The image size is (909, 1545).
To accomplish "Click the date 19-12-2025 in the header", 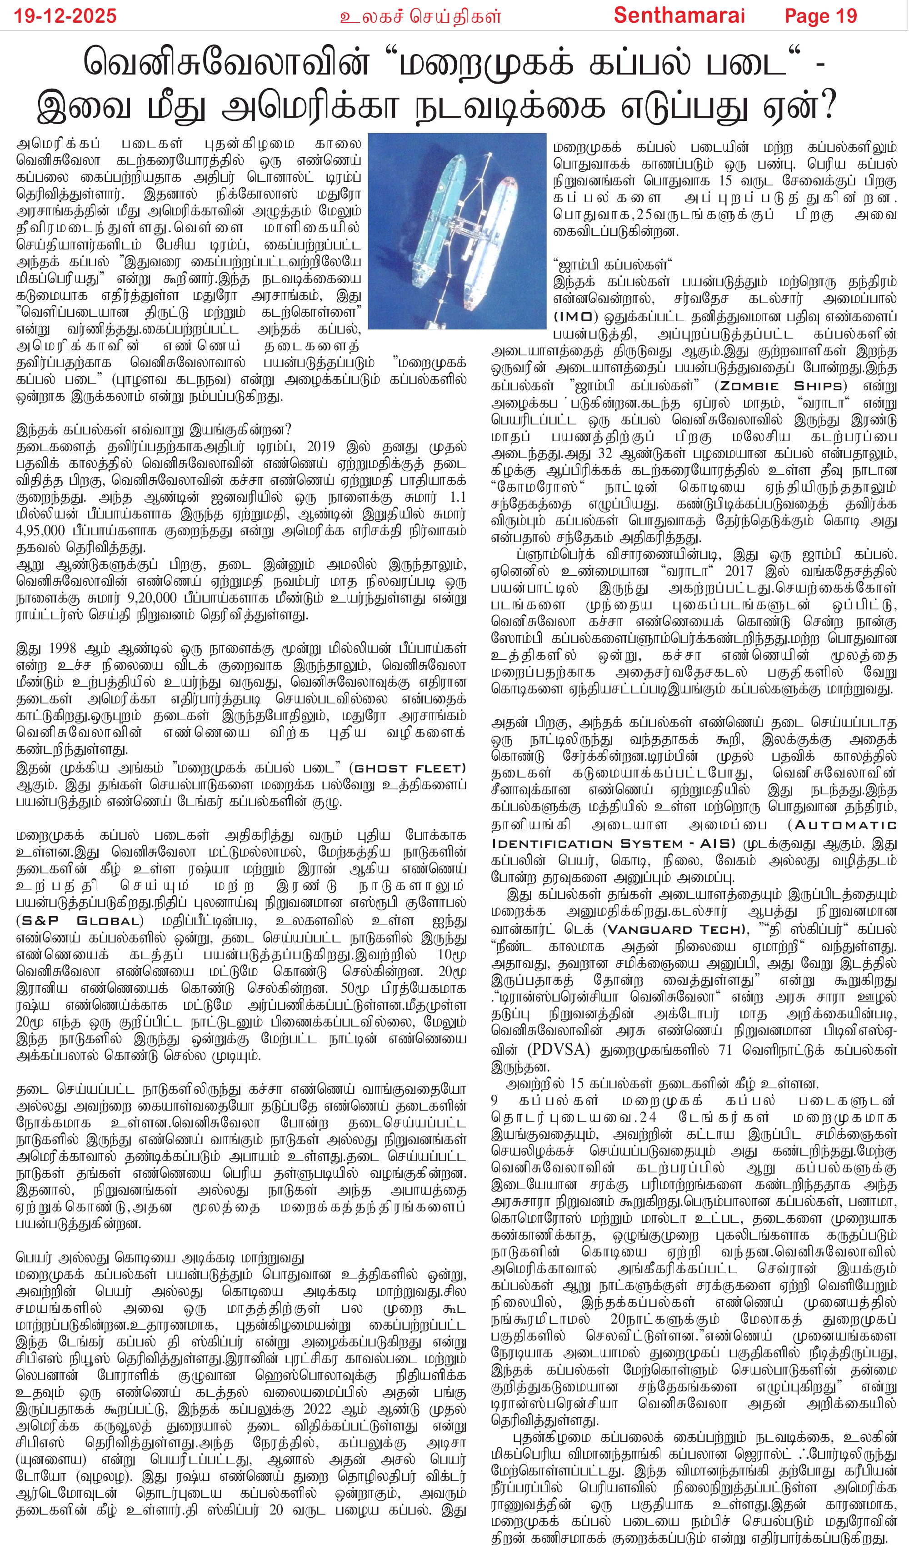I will click(x=65, y=15).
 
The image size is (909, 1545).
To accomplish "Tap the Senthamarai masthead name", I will click(x=679, y=15).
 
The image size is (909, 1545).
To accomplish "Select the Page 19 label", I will click(x=821, y=15).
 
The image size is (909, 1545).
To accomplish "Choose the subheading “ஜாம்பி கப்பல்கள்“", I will click(x=612, y=265).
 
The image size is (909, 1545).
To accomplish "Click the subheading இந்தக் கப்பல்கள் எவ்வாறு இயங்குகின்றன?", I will click(x=153, y=429).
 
